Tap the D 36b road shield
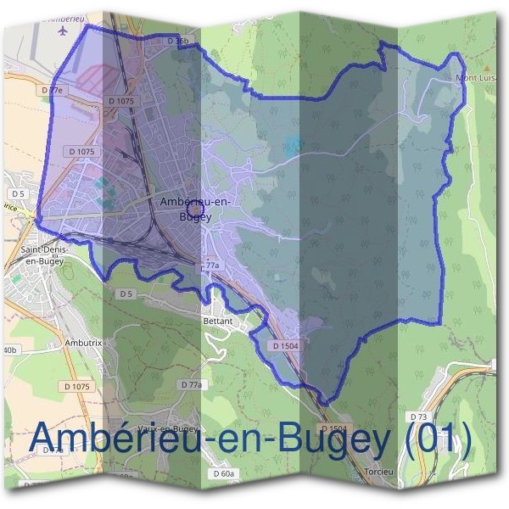click(176, 40)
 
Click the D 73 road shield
click(418, 417)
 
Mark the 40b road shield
click(9, 350)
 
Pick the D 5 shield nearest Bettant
click(126, 294)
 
